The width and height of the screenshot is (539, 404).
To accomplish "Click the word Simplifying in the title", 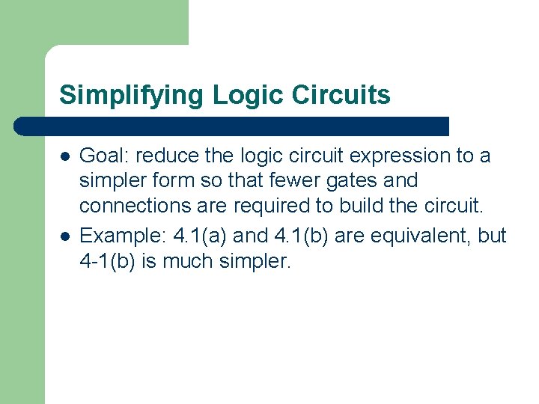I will pyautogui.click(x=132, y=95).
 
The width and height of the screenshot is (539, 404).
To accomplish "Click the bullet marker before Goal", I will pyautogui.click(x=65, y=156).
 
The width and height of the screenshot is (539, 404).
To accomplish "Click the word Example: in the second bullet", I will pyautogui.click(x=122, y=236).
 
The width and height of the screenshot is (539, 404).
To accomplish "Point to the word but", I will pyautogui.click(x=492, y=236).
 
